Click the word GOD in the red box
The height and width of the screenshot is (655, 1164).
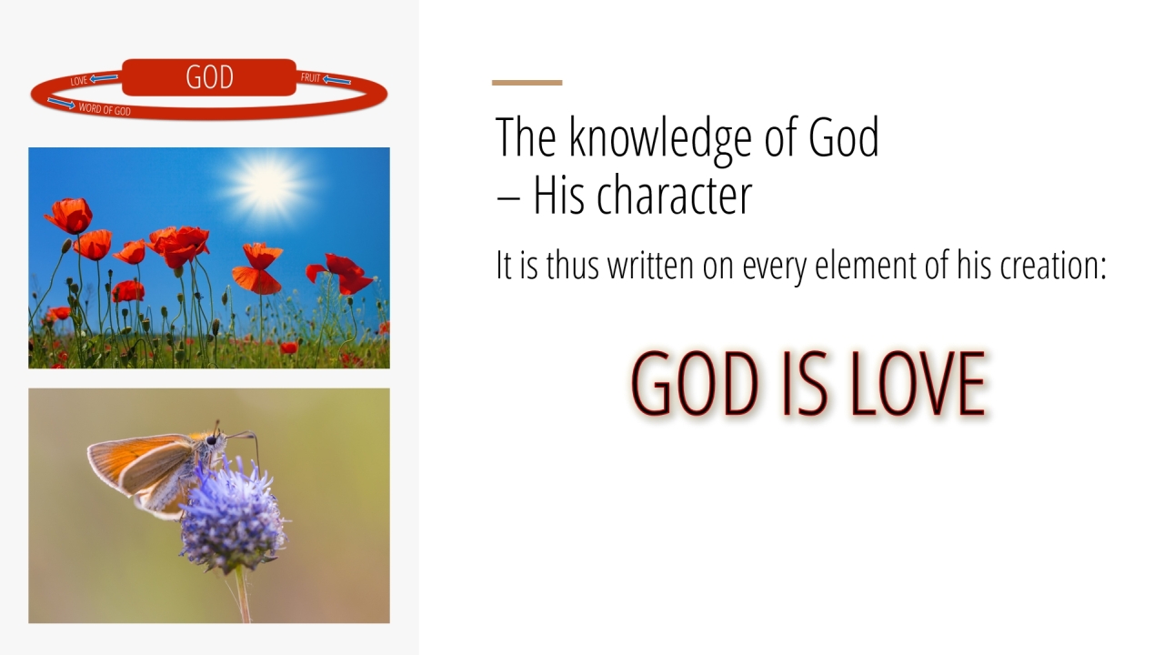point(209,77)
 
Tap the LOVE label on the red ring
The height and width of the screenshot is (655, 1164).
point(79,81)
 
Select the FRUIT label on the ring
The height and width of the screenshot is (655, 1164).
point(311,77)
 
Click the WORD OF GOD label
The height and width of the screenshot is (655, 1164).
point(105,109)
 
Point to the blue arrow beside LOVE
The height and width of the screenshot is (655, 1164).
point(104,78)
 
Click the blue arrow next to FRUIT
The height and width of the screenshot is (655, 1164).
point(336,80)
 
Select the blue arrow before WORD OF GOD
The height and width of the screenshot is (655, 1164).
point(61,104)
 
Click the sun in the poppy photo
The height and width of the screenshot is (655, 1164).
point(267,184)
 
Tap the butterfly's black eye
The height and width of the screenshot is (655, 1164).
point(211,440)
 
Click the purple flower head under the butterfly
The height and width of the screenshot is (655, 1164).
point(232,515)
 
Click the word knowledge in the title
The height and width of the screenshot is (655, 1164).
point(660,136)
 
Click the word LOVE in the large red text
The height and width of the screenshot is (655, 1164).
point(918,384)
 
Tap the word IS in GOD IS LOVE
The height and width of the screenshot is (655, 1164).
point(805,384)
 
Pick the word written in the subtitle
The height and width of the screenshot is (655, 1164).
point(650,265)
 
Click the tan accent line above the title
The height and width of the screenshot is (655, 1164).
point(527,83)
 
